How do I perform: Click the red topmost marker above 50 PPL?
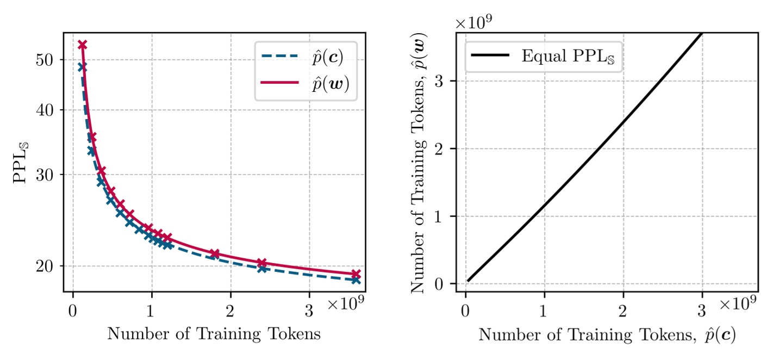(x=83, y=45)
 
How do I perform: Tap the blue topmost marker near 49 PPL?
(x=82, y=67)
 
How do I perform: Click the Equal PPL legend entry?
(x=544, y=55)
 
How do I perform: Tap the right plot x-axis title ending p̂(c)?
(x=607, y=334)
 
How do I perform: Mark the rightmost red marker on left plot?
(x=356, y=274)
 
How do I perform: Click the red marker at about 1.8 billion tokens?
(x=215, y=253)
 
